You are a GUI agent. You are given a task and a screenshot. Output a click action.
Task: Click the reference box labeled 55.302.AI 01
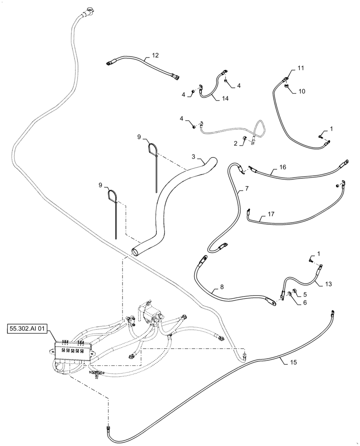pyautogui.click(x=30, y=329)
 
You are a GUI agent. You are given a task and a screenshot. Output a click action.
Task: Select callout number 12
pyautogui.click(x=155, y=56)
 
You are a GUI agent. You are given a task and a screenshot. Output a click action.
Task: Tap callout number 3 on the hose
pyautogui.click(x=193, y=157)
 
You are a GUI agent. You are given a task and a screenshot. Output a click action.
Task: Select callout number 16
pyautogui.click(x=282, y=168)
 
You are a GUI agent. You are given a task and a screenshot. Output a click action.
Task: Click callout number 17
pyautogui.click(x=271, y=215)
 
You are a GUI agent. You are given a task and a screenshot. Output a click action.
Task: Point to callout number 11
pyautogui.click(x=301, y=68)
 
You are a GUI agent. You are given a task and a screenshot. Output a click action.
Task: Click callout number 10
pyautogui.click(x=302, y=91)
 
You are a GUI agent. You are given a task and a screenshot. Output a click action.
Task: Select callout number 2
pyautogui.click(x=235, y=143)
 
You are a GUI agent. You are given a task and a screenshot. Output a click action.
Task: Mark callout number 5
pyautogui.click(x=305, y=294)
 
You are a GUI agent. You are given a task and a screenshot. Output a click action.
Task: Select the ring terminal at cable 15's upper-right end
pyautogui.click(x=332, y=311)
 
